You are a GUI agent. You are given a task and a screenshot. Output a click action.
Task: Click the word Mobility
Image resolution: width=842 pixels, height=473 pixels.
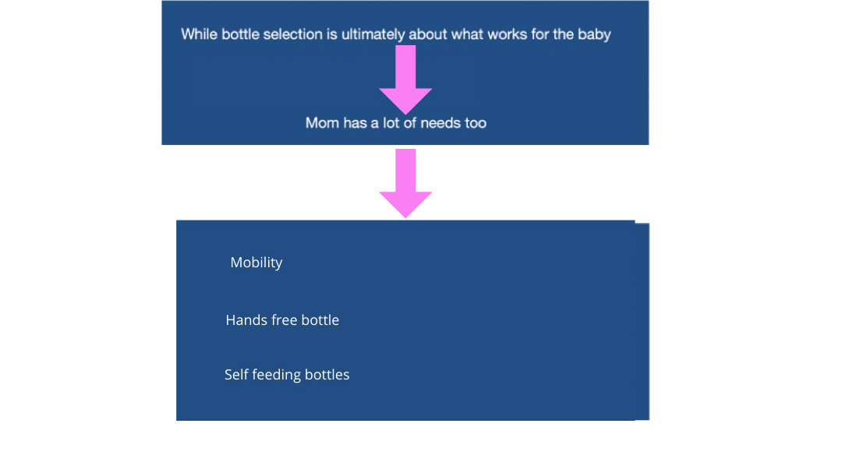pos(256,263)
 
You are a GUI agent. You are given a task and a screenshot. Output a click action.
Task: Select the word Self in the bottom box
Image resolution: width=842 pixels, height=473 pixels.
pos(236,374)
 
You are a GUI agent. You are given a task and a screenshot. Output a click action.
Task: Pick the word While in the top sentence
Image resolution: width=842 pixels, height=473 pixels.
pos(200,34)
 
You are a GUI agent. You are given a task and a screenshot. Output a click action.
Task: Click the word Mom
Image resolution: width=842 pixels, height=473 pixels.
pos(322,123)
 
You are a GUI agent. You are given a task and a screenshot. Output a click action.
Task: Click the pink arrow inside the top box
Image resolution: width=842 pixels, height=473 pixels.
pos(405,79)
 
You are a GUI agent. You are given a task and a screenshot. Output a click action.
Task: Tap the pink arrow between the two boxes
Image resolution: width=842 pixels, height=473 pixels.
pos(405,184)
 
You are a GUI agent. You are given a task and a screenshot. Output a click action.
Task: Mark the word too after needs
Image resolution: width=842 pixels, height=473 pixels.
pos(476,123)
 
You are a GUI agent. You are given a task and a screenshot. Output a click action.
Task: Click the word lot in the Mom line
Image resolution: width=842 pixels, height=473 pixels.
pos(391,123)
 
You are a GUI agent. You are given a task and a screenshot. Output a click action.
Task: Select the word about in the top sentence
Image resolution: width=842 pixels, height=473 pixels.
pos(428,34)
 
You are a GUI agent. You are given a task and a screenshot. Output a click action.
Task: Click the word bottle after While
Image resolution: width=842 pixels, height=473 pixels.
pos(241,34)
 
